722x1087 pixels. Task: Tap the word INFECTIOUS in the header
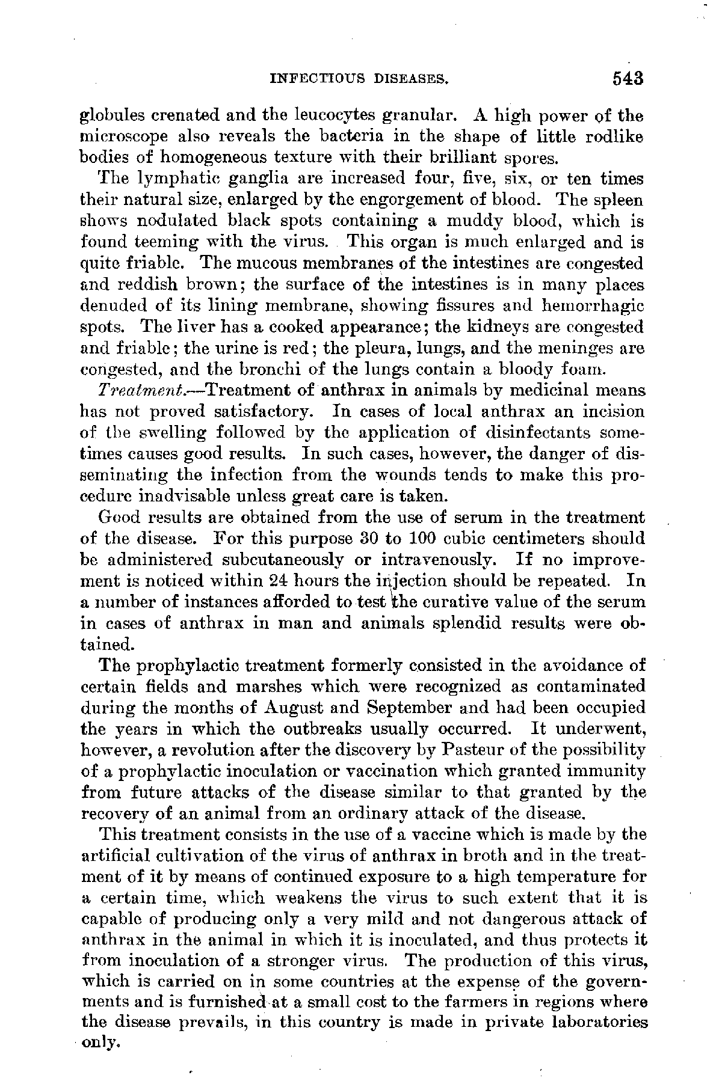click(x=312, y=79)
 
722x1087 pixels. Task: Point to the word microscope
click(x=119, y=137)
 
